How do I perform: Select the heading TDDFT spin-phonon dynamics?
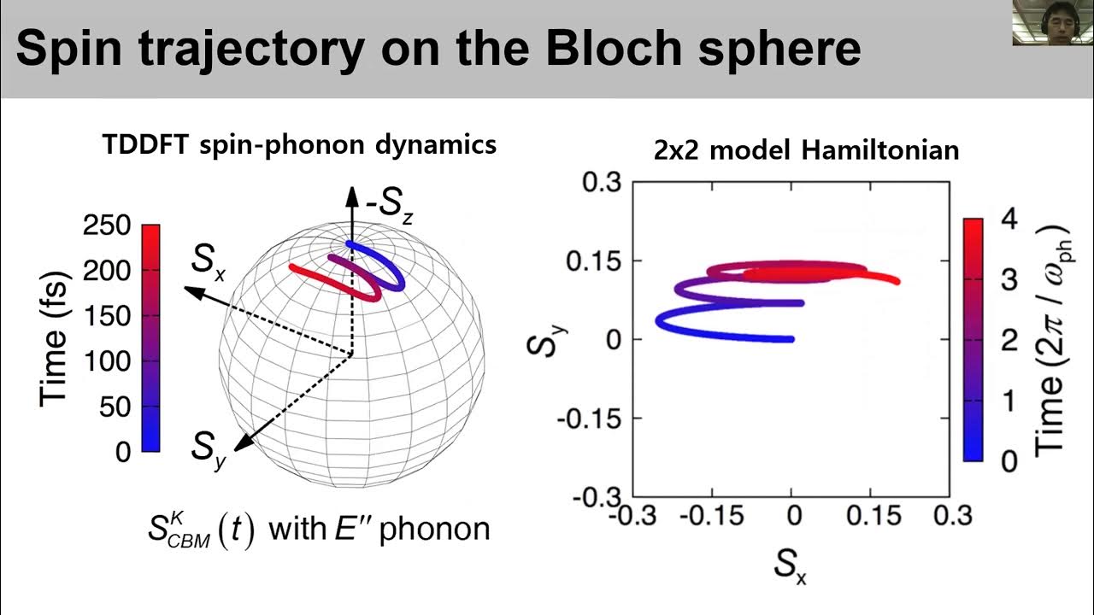click(299, 144)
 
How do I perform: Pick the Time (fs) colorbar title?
click(54, 340)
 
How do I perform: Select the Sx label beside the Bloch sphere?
click(209, 259)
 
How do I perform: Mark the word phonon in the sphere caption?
click(434, 529)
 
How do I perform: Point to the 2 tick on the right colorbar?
click(1009, 340)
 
